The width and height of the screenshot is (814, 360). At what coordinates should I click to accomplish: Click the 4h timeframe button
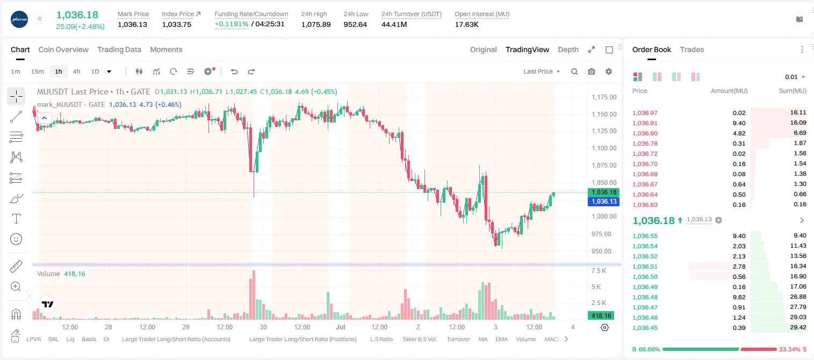(x=76, y=71)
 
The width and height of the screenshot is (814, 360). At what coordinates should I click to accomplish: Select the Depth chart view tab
(x=568, y=50)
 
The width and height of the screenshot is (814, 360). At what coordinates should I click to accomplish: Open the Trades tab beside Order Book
(x=692, y=50)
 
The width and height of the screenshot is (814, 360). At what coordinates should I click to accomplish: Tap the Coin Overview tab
(x=63, y=50)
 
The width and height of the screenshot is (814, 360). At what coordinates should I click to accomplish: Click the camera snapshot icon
(x=592, y=71)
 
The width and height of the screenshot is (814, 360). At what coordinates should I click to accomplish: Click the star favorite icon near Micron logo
(x=40, y=18)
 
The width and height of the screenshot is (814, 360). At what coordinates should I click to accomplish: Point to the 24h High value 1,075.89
(x=316, y=24)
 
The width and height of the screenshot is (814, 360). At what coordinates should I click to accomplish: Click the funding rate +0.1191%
(x=232, y=24)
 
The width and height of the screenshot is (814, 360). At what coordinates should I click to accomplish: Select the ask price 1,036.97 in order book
(x=645, y=113)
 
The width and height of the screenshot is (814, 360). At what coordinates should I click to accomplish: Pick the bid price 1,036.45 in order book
(x=645, y=328)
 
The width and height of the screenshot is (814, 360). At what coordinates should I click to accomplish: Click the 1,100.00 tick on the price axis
(x=604, y=148)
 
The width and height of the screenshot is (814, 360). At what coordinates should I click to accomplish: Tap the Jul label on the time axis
(x=341, y=327)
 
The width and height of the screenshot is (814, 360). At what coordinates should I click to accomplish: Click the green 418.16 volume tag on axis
(x=601, y=316)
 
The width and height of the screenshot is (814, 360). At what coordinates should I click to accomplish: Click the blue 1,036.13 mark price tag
(x=603, y=201)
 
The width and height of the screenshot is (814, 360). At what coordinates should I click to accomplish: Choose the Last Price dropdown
(x=542, y=71)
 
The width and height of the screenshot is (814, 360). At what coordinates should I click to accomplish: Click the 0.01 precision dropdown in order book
(x=795, y=77)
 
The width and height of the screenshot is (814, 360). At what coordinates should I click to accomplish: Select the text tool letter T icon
(x=16, y=219)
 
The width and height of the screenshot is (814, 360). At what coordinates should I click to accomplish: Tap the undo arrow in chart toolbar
(x=234, y=71)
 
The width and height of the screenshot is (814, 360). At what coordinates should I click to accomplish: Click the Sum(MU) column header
(x=793, y=91)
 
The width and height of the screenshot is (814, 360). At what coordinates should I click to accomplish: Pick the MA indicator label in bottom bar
(x=483, y=339)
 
